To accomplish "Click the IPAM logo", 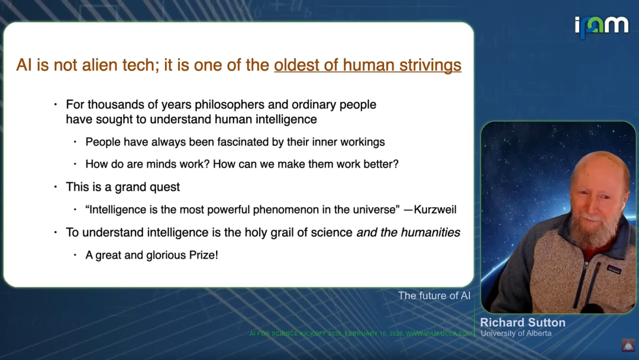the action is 601,27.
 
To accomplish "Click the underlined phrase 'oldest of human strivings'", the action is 367,65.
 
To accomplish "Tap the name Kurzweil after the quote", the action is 435,210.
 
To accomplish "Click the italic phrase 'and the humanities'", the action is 408,232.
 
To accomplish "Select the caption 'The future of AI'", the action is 434,295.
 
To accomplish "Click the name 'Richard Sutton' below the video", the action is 523,323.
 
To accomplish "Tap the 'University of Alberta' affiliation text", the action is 516,333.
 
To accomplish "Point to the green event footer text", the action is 360,333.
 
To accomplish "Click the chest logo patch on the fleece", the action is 614,269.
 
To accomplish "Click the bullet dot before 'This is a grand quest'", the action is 56,187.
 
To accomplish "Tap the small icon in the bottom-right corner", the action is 628,345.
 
